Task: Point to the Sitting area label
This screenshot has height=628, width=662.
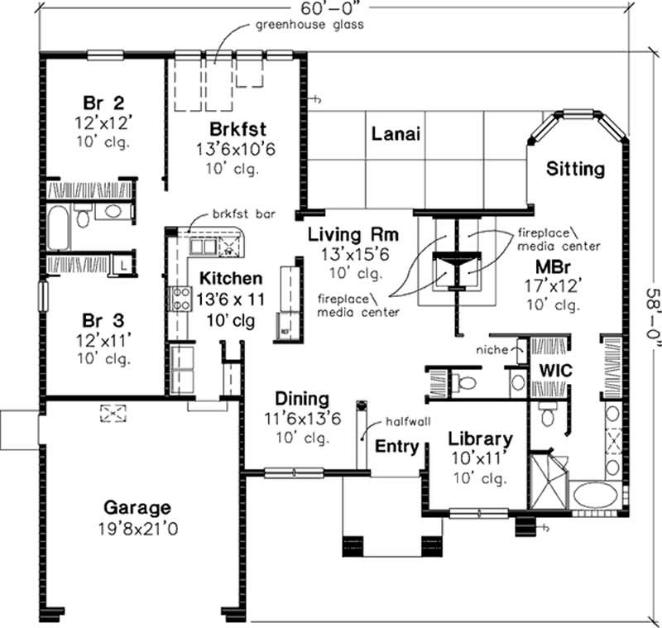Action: [576, 170]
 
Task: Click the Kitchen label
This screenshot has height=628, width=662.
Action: [230, 279]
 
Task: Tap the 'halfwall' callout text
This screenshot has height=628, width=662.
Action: [405, 421]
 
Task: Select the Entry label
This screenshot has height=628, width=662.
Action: [396, 446]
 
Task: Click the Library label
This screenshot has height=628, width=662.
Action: [480, 440]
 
